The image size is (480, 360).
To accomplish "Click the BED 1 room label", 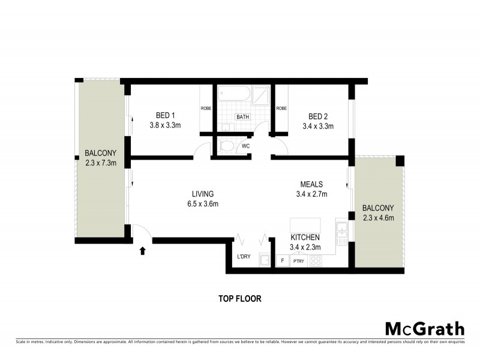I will tap(165, 115).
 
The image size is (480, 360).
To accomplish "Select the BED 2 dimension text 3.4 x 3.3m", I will tap(317, 126).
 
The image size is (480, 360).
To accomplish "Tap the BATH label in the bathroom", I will tap(242, 117).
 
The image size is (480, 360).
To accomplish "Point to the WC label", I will tap(245, 146).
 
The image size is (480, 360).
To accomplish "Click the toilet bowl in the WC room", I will tap(227, 146).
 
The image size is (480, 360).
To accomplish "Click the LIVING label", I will tap(203, 194).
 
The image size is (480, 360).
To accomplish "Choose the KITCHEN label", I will tap(305, 237).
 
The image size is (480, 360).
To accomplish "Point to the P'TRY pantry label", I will tap(298, 262).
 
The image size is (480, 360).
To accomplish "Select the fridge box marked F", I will tap(281, 262).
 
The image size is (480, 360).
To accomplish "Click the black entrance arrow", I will tap(142, 250).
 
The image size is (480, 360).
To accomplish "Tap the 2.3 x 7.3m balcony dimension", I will tap(100, 163).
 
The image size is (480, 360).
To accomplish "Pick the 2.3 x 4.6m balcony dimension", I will tap(378, 217).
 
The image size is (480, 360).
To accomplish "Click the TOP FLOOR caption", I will tap(239, 298).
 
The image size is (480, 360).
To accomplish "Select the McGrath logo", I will tap(424, 328).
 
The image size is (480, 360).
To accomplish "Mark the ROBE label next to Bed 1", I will tap(205, 109).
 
